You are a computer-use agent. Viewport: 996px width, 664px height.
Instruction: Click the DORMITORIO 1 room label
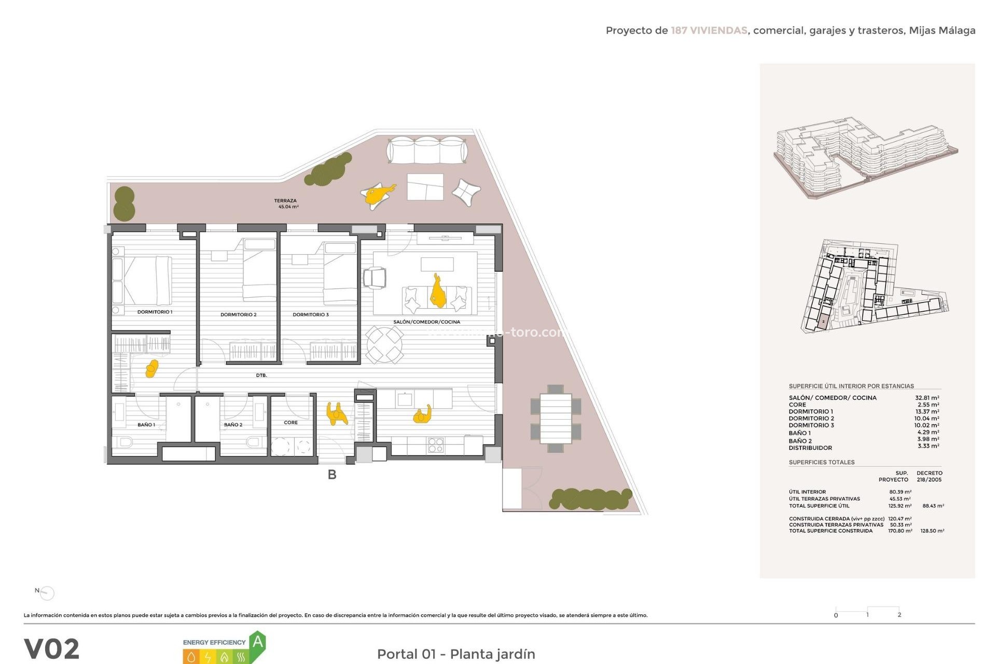(x=155, y=312)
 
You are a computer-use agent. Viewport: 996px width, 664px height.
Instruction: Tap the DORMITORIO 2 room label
(x=238, y=314)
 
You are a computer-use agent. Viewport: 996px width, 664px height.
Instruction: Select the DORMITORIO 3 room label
(x=310, y=314)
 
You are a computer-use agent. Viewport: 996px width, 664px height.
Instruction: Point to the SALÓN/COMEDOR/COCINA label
(x=426, y=322)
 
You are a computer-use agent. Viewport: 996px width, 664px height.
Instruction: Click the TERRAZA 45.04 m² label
(x=286, y=203)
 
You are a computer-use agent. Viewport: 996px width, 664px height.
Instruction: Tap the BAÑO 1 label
(x=146, y=424)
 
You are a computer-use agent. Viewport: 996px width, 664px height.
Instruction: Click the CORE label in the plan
(x=290, y=422)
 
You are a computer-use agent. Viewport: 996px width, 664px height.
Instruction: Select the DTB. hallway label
(x=261, y=375)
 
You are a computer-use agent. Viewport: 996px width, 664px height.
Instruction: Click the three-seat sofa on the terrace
(x=427, y=150)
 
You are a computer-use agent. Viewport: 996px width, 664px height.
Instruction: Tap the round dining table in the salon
(x=384, y=344)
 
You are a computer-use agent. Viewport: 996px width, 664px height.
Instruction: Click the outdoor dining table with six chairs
(x=556, y=419)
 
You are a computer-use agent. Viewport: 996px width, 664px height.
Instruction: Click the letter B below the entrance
(x=332, y=474)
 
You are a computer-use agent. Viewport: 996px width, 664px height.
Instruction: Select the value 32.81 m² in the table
(x=926, y=398)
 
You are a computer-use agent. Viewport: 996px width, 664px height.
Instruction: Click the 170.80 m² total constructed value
(x=900, y=531)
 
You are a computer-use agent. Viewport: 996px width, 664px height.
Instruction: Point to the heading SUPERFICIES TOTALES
(x=821, y=462)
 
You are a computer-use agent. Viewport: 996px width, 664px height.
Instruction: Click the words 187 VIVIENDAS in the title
(x=709, y=31)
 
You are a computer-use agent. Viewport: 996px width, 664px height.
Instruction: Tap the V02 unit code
(x=52, y=648)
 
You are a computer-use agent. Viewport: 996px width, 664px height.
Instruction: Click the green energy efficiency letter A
(x=258, y=643)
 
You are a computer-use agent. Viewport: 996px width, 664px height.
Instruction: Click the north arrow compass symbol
(x=47, y=592)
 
